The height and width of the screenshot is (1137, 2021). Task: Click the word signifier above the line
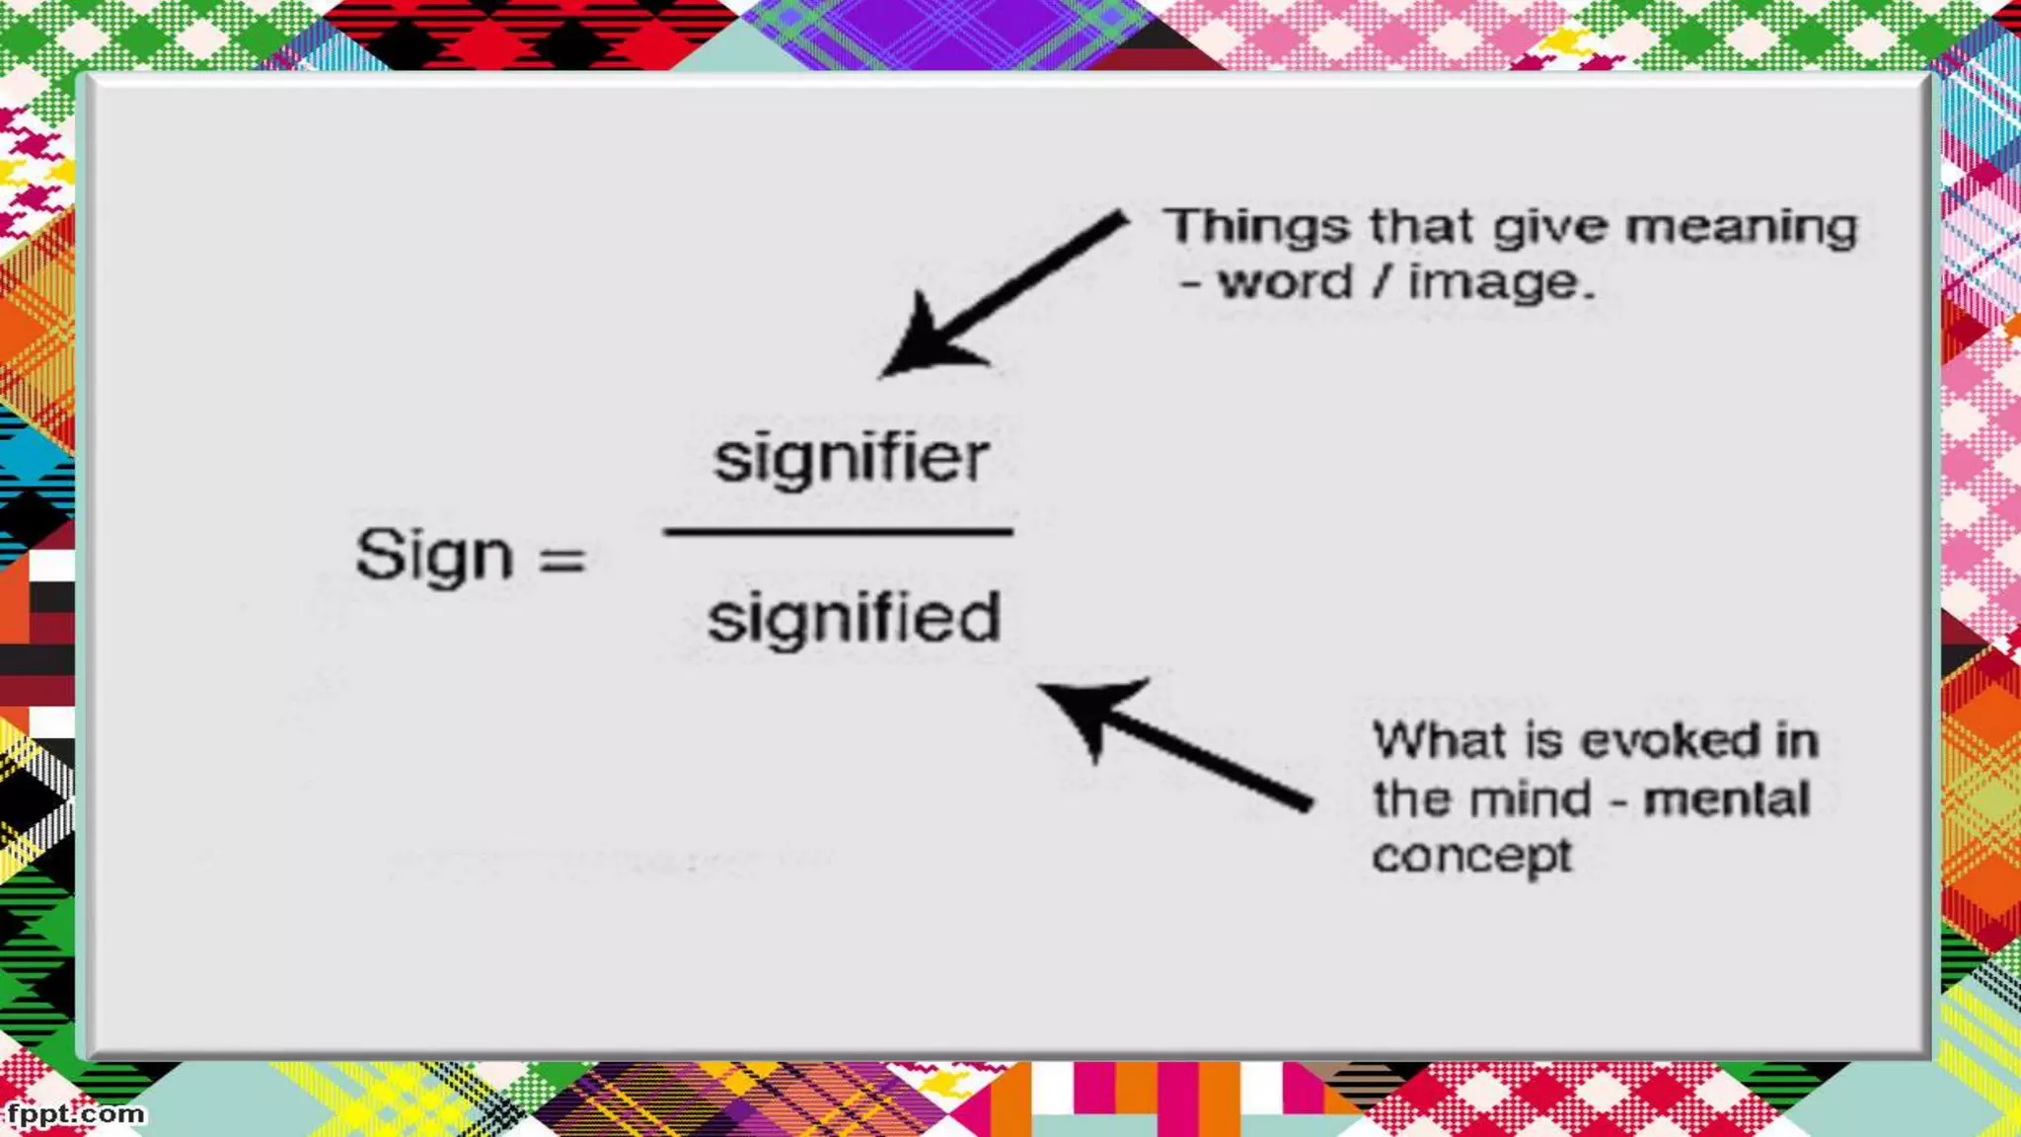coord(851,460)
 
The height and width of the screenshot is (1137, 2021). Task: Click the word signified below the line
coord(855,619)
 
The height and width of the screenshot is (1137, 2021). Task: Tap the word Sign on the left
coord(434,555)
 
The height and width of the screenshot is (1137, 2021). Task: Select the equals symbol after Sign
coord(562,559)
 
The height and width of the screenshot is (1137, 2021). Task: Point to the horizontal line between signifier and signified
coord(839,532)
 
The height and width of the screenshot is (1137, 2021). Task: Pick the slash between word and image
coord(1383,282)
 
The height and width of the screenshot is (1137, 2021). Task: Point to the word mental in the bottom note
coord(1727,798)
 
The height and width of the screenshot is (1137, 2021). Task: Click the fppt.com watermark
coord(75,1114)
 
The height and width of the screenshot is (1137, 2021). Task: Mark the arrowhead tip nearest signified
coord(1040,687)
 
